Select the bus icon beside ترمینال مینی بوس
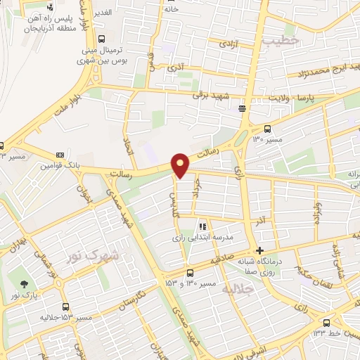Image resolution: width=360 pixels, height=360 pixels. (103, 40)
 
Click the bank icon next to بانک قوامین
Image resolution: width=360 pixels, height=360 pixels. (60, 154)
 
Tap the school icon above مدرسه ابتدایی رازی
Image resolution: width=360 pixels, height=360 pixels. (202, 227)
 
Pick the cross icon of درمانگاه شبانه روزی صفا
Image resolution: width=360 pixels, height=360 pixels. (259, 250)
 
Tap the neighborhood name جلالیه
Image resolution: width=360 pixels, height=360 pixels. (236, 289)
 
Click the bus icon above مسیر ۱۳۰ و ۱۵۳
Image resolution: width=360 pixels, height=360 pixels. (190, 274)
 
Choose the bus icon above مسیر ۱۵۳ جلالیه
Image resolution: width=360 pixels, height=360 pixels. (65, 307)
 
